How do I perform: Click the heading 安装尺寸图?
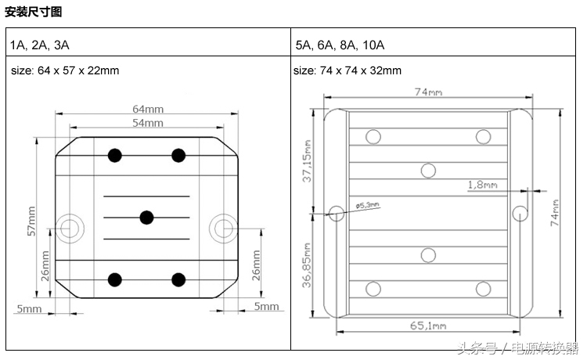[x=34, y=12]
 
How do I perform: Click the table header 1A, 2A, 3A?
[x=45, y=45]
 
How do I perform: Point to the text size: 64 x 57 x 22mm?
[x=65, y=70]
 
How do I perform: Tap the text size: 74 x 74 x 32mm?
[x=348, y=70]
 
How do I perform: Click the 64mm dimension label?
[x=147, y=109]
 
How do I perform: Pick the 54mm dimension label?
[x=147, y=123]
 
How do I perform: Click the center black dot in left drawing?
[x=146, y=218]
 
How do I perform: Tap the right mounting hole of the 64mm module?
[x=223, y=228]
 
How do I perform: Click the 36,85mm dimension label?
[x=307, y=265]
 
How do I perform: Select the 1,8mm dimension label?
[x=481, y=185]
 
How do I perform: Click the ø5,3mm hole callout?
[x=367, y=205]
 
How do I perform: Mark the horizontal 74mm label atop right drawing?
[x=427, y=92]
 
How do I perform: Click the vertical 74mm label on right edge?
[x=555, y=211]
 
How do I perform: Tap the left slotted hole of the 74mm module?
[x=337, y=212]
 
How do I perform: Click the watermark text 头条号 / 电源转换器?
[x=517, y=347]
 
